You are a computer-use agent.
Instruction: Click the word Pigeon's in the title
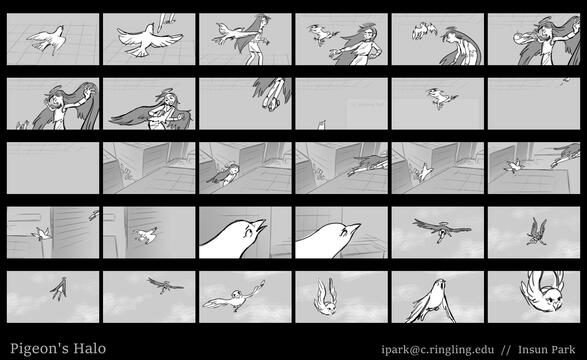coord(39,349)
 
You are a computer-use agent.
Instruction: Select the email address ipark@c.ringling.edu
coord(438,350)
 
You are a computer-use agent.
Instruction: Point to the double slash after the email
coord(506,350)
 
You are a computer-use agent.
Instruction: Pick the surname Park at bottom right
coord(563,350)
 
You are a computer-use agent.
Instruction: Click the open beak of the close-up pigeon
coord(261,225)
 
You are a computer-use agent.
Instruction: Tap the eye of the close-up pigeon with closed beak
coord(343,234)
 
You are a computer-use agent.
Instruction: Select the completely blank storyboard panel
coord(53,168)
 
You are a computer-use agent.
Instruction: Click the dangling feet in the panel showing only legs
coord(270,102)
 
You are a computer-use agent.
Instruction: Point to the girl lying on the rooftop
coord(226,174)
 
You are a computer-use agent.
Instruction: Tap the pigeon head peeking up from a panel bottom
coord(322,125)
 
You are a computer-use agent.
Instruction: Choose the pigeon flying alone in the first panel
coord(48,39)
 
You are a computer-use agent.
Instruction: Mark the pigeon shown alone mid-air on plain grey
coord(441,97)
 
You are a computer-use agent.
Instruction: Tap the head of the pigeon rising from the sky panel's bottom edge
coord(441,284)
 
